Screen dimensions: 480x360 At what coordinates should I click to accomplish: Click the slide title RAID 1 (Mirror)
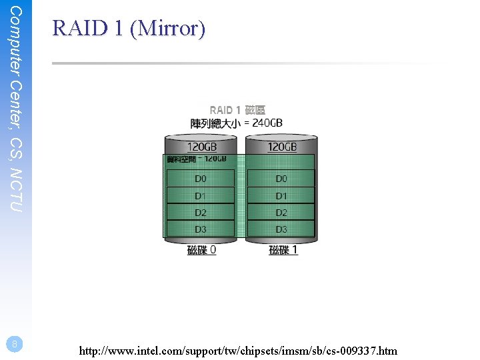point(129,29)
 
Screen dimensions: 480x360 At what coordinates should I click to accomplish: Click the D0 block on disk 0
point(201,179)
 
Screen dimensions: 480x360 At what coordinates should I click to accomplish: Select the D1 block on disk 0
point(201,196)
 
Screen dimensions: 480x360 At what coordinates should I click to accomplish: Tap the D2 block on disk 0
point(201,213)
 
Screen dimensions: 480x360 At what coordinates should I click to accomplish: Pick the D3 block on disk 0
point(201,229)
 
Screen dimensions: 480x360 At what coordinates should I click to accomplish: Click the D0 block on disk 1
point(281,179)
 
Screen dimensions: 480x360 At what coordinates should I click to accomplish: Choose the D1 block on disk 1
point(281,196)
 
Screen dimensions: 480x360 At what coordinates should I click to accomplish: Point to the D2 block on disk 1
point(281,213)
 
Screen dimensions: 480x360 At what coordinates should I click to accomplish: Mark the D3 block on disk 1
point(281,229)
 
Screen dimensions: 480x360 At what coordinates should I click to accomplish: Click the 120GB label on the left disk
point(201,147)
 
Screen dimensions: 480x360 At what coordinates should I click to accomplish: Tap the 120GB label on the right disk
point(282,147)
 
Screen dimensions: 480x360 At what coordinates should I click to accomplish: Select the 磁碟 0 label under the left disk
point(201,250)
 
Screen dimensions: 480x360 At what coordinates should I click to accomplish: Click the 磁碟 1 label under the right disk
point(283,250)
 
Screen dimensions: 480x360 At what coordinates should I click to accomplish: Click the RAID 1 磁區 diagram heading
point(237,110)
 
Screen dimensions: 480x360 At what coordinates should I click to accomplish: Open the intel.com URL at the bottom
point(237,350)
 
